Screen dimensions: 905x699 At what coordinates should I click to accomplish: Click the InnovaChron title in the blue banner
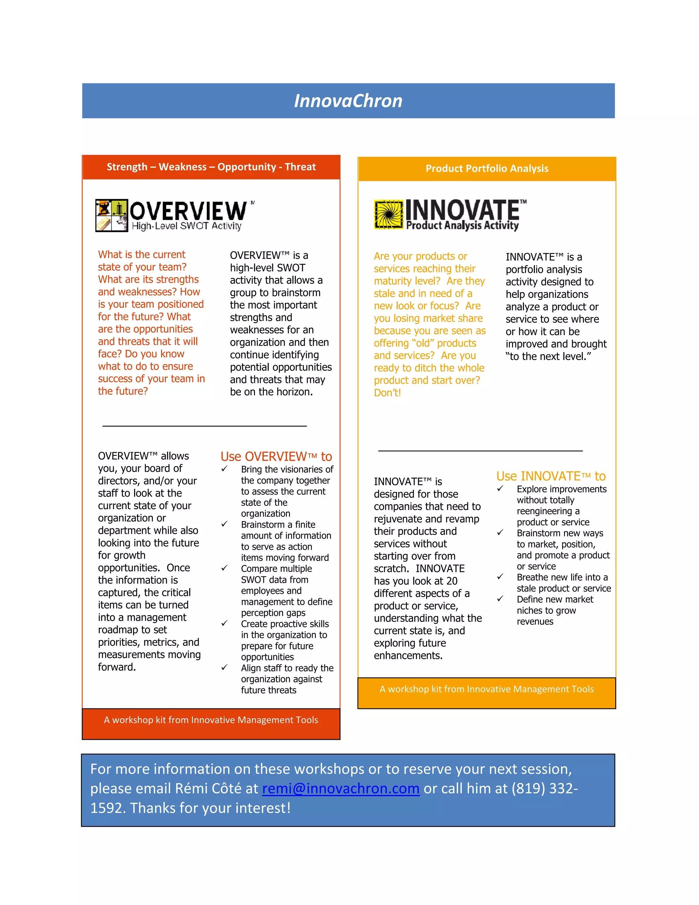pos(348,101)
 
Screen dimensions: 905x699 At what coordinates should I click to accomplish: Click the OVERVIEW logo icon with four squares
pos(111,215)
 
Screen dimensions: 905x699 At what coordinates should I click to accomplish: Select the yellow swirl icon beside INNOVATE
pos(388,214)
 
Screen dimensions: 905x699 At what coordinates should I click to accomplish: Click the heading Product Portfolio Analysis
pos(487,168)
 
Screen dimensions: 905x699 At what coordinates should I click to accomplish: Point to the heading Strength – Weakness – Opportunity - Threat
pos(211,167)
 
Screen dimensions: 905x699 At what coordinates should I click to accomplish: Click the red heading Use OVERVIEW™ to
pos(276,456)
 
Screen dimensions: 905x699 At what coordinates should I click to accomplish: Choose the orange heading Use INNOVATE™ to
pos(551,476)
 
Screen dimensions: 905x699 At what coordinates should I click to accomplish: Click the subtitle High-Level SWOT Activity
pos(186,226)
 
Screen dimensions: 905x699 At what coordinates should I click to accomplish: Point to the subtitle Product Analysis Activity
pos(462,225)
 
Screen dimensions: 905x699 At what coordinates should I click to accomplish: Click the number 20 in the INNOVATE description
pos(452,581)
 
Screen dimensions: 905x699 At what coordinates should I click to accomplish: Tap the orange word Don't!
pos(387,392)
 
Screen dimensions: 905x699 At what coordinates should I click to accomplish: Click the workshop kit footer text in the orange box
pos(487,689)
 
